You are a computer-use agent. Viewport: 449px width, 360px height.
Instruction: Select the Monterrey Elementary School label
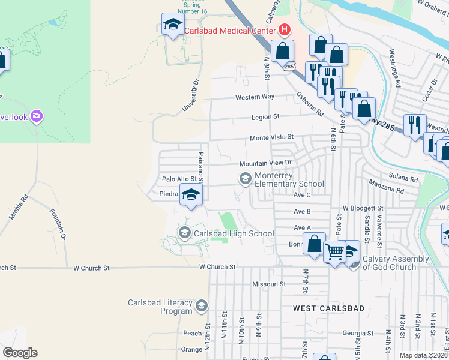289,179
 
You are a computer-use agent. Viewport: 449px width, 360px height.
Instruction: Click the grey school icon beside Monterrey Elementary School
245,178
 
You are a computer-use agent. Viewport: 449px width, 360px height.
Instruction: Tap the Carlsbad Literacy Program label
160,307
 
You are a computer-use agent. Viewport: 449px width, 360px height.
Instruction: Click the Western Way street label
255,97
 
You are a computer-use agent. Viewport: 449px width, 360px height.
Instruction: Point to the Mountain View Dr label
265,163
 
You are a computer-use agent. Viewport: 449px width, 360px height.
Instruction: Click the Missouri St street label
268,284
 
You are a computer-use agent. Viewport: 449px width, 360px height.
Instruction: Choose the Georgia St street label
358,333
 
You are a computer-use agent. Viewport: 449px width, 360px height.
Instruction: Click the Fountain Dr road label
58,220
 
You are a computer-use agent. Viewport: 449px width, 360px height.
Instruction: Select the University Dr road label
191,96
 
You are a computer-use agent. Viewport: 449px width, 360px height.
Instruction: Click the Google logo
20,353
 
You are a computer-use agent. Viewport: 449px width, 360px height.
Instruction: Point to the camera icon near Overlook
37,116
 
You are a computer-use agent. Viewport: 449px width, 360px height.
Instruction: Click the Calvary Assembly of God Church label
395,263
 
